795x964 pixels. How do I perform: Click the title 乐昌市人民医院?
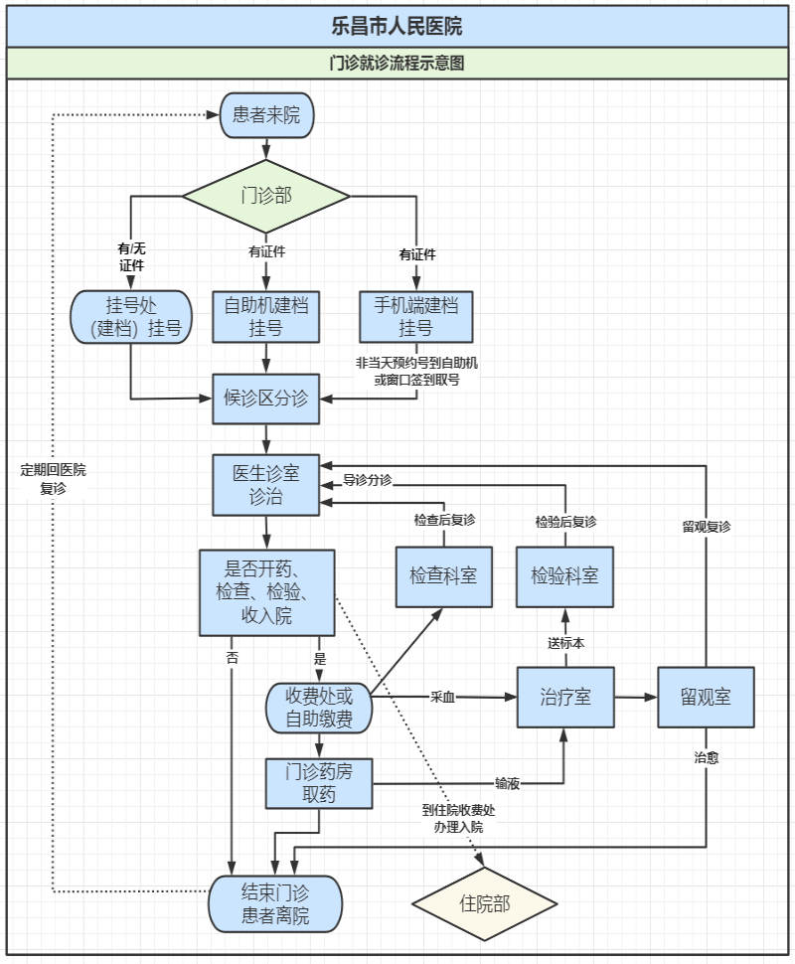point(397,26)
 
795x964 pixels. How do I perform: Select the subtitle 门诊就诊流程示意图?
point(397,64)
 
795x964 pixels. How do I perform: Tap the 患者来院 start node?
point(265,115)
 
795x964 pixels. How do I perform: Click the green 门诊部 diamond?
point(266,195)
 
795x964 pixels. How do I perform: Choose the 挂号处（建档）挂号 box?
point(131,315)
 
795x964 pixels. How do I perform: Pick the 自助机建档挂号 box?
point(266,316)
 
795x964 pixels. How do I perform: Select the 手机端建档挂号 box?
point(416,316)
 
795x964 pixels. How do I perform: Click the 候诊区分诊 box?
point(266,399)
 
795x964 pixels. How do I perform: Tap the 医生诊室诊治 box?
point(266,485)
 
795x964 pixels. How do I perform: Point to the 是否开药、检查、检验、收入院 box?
point(266,592)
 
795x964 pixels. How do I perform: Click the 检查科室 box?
point(443,575)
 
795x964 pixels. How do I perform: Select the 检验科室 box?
point(565,575)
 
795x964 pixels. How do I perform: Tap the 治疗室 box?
point(565,697)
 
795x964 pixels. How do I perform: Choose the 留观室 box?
point(706,697)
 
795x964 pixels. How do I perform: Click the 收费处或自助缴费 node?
point(318,709)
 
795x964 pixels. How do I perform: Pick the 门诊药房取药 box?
point(319,783)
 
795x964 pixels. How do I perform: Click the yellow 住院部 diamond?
point(485,903)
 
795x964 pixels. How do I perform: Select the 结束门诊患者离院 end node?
point(275,904)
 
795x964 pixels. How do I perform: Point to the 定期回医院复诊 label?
point(53,479)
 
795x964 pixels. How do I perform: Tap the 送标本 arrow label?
point(565,643)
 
